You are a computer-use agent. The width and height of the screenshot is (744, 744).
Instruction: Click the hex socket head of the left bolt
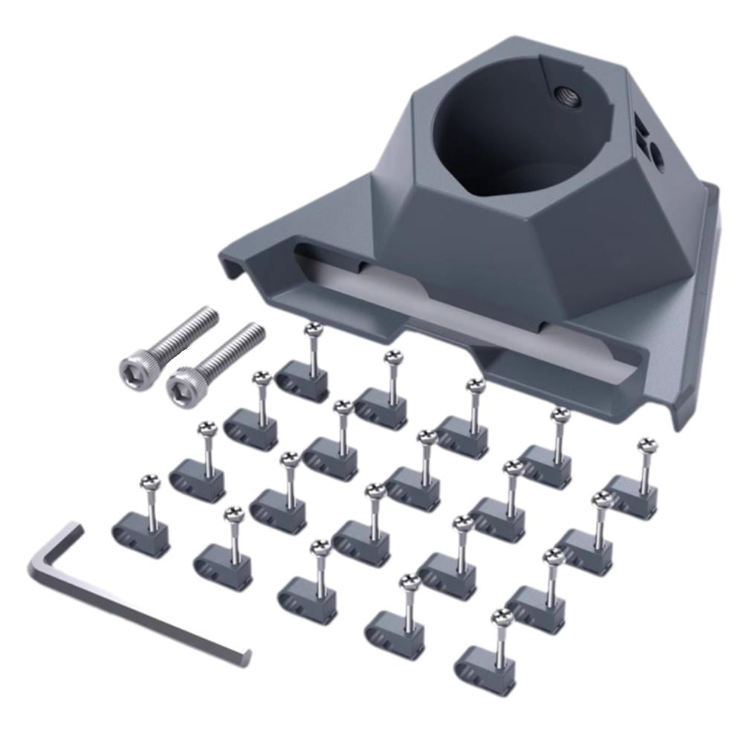point(132,366)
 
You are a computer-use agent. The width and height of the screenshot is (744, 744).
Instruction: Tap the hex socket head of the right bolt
point(181,386)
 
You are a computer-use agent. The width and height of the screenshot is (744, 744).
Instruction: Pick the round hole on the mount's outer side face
point(657,154)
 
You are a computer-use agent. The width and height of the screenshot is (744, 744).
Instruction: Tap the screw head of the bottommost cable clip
point(502,616)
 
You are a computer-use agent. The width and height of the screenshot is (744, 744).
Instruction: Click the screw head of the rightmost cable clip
point(647,446)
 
